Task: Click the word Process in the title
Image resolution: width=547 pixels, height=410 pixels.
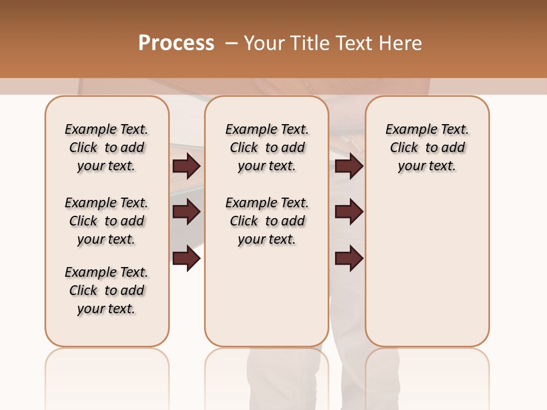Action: (x=176, y=43)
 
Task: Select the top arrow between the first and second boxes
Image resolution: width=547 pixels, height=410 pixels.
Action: (x=186, y=166)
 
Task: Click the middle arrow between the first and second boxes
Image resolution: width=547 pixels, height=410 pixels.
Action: (x=186, y=212)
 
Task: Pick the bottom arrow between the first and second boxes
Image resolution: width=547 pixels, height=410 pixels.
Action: (x=186, y=259)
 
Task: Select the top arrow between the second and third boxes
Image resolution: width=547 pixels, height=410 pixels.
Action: (x=349, y=166)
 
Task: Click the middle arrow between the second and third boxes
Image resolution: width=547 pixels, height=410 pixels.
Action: (x=349, y=212)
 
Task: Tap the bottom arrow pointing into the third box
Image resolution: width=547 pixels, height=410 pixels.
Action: (x=349, y=259)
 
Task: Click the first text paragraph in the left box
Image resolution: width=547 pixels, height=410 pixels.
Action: (x=107, y=147)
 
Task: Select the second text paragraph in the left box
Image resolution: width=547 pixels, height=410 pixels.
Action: (x=107, y=221)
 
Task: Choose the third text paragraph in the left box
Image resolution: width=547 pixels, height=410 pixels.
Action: (x=107, y=290)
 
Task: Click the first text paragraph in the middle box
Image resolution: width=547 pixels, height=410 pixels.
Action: (x=267, y=147)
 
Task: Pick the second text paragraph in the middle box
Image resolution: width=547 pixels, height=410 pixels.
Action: (x=267, y=221)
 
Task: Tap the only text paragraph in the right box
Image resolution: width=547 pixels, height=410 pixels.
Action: (x=427, y=147)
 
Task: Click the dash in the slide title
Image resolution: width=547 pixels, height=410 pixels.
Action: (x=231, y=43)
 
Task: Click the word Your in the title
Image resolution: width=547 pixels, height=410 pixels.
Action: (x=264, y=43)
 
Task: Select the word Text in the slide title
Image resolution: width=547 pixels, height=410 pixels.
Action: (x=355, y=43)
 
